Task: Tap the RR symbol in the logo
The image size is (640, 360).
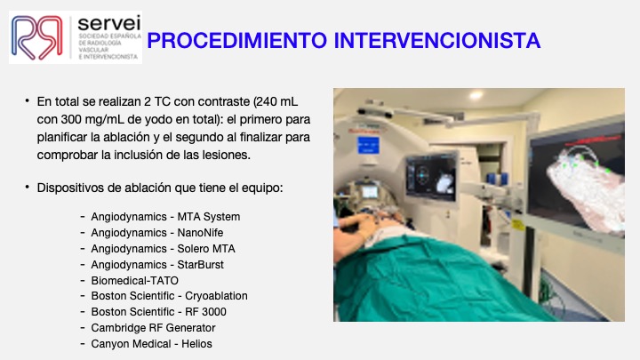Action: click(37, 36)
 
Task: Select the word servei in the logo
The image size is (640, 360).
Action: click(106, 22)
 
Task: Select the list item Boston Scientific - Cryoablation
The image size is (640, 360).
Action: click(169, 296)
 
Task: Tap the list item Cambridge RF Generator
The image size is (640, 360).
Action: click(150, 328)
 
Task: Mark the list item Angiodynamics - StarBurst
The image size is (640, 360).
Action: click(157, 264)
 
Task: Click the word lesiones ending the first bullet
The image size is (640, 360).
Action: click(227, 155)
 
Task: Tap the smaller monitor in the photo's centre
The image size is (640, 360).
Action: click(431, 175)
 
